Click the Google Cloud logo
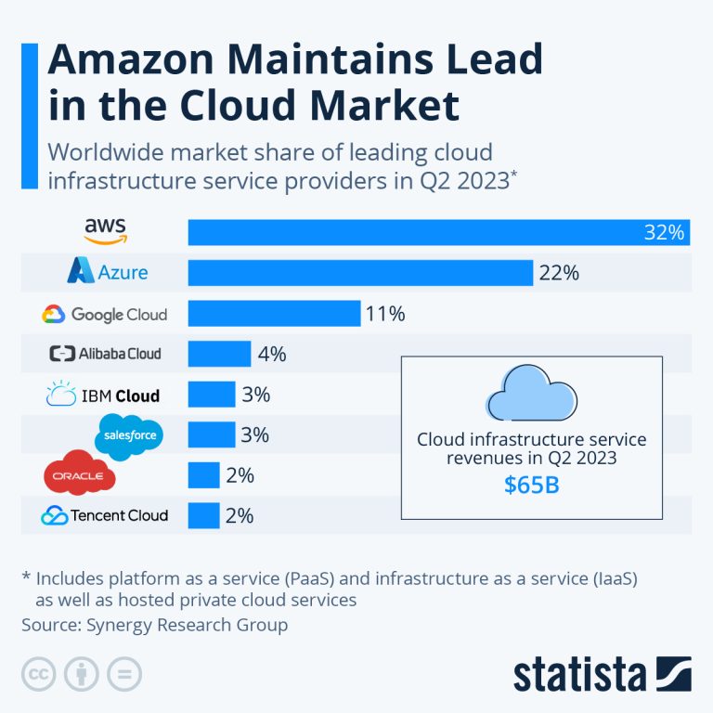pyautogui.click(x=104, y=314)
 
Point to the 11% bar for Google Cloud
pyautogui.click(x=274, y=313)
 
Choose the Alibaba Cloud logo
pyautogui.click(x=105, y=354)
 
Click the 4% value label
pyautogui.click(x=272, y=354)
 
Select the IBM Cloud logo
pyautogui.click(x=103, y=395)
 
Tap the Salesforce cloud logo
pyautogui.click(x=129, y=434)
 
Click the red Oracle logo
pyautogui.click(x=80, y=475)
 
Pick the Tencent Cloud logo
pyautogui.click(x=104, y=515)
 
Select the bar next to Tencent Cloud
pyautogui.click(x=203, y=515)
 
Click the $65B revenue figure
pyautogui.click(x=531, y=485)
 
